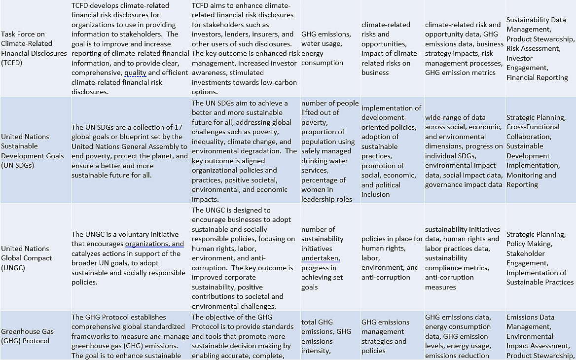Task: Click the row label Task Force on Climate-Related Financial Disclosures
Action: pos(34,48)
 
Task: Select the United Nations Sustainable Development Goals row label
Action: pos(33,151)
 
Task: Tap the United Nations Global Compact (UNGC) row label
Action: pos(25,258)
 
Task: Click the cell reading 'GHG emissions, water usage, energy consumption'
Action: pos(326,48)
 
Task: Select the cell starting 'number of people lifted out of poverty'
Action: pos(330,151)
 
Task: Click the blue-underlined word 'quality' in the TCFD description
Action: pos(135,73)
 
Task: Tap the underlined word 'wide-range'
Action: pos(443,117)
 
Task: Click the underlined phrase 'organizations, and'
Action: pos(154,244)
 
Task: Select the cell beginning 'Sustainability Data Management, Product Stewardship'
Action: pos(540,48)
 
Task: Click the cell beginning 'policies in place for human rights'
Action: pos(392,258)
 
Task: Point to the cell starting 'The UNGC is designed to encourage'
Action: pos(244,258)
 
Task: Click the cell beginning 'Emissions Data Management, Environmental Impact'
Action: pos(540,336)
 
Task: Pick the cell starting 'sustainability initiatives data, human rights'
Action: pos(464,258)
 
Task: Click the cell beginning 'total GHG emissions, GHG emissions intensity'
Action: pos(326,336)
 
